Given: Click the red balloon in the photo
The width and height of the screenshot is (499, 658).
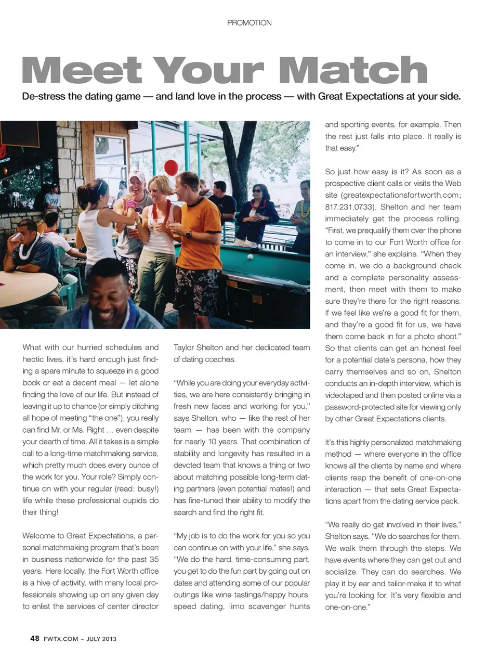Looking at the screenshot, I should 171,167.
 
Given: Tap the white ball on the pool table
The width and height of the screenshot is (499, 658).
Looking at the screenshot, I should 250,256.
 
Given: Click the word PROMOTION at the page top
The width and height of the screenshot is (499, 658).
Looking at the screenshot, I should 249,23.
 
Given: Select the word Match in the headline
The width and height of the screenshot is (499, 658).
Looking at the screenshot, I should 353,71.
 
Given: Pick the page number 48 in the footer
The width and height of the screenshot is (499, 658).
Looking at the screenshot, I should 35,638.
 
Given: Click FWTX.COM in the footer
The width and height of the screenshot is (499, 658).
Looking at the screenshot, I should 61,639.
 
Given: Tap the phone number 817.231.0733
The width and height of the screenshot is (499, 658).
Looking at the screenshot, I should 347,207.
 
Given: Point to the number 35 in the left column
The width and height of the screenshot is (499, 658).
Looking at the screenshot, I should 154,560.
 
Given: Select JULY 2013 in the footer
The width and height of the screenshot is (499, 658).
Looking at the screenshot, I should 101,639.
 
